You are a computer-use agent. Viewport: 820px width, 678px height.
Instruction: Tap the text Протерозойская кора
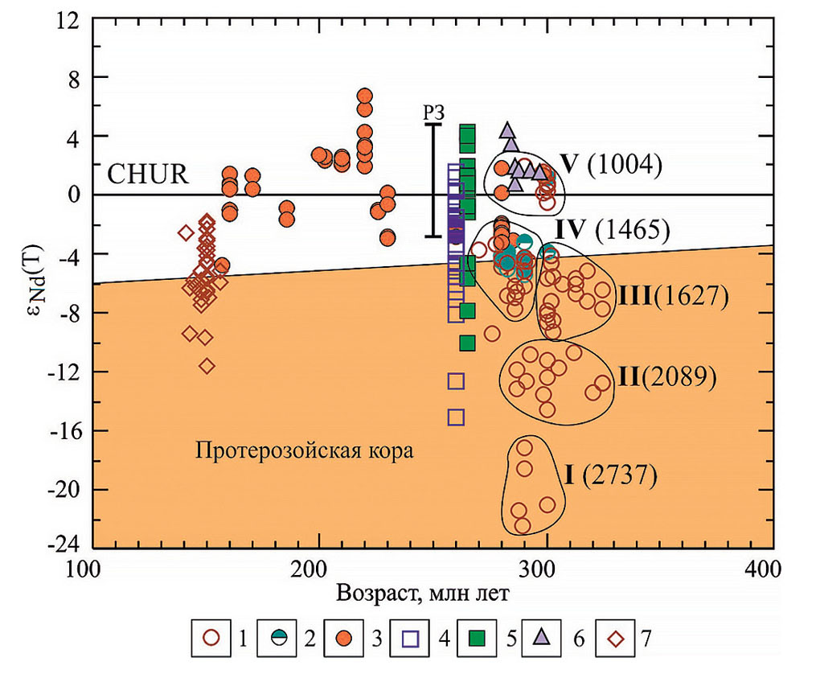point(304,451)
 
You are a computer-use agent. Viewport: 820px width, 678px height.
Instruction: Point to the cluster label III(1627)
point(673,296)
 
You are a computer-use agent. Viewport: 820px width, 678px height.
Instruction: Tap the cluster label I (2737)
point(610,475)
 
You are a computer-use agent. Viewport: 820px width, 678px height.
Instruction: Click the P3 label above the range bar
point(434,113)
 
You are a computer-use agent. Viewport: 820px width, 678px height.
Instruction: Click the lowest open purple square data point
point(456,417)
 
